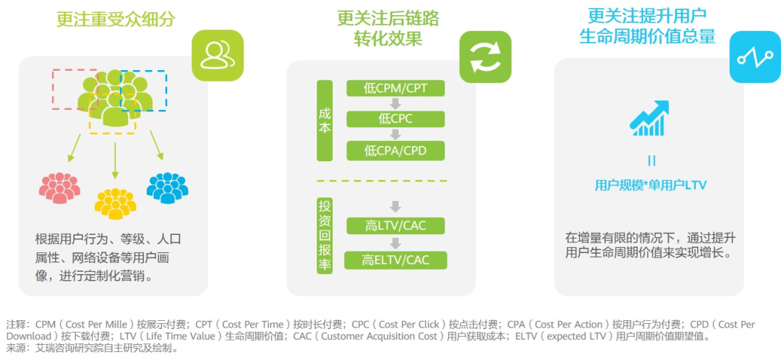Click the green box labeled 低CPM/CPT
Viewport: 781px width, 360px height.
pos(396,88)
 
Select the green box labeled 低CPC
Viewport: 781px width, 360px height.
pos(396,119)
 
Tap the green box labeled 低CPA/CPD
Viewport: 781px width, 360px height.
pos(396,150)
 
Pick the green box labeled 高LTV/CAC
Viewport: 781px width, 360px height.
pos(396,226)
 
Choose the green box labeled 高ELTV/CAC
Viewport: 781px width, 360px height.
pos(396,260)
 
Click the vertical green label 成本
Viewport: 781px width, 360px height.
pos(325,120)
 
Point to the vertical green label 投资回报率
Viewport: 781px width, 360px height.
pos(325,235)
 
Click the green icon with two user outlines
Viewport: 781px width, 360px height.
pos(217,55)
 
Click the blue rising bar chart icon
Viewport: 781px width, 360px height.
pos(649,119)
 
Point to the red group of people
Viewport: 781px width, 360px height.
pos(60,187)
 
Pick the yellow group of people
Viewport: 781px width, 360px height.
pos(115,202)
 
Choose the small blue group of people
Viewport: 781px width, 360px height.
pos(167,187)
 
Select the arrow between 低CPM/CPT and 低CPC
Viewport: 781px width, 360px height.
pos(395,103)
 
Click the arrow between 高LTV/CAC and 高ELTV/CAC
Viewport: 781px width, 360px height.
pos(395,243)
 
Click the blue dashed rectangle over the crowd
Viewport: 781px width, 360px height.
pos(143,90)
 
